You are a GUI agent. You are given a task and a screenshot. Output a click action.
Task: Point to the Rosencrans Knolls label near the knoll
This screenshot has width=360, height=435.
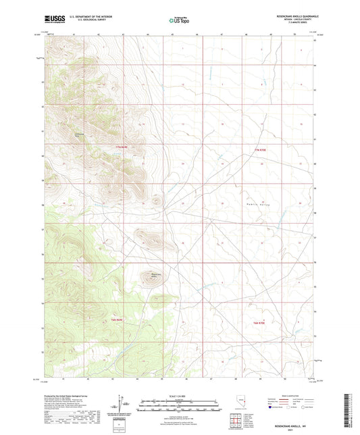[x=154, y=274]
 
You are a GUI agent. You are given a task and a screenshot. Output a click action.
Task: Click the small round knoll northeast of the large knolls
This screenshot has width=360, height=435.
[x=157, y=200]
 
